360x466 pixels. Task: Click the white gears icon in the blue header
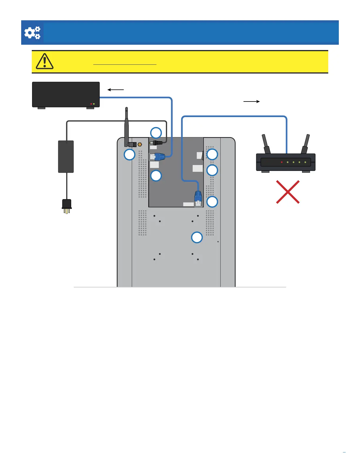coord(32,33)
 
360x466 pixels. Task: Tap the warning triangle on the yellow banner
coord(44,61)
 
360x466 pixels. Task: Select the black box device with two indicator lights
coord(66,95)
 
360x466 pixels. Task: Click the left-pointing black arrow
coord(115,90)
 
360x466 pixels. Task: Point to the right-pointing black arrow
coord(251,101)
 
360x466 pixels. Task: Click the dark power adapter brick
coord(66,157)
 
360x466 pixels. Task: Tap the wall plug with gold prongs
coord(67,206)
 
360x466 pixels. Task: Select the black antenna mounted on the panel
coord(126,127)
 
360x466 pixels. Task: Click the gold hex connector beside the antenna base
coord(140,144)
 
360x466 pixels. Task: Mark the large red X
coord(288,192)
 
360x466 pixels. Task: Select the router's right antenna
coord(306,144)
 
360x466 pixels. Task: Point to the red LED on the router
coord(282,162)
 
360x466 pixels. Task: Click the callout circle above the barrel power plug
coord(156,133)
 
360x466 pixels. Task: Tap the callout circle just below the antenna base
coord(129,154)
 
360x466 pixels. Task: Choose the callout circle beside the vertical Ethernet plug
coord(212,202)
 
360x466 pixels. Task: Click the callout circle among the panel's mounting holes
coord(197,237)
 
